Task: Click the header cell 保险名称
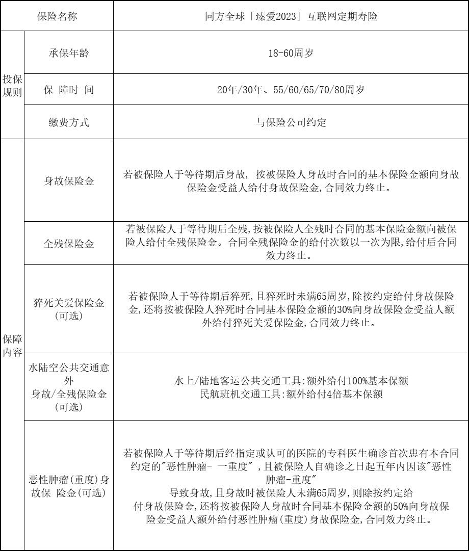(57, 16)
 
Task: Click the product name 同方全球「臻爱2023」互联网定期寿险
(291, 16)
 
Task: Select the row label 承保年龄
(68, 53)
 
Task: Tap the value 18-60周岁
(291, 53)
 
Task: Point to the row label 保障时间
(68, 90)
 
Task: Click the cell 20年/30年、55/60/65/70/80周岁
(291, 90)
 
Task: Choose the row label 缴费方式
(68, 122)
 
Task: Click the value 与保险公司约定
(291, 122)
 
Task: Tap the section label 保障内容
(12, 346)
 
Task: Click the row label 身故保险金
(68, 181)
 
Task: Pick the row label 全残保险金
(68, 243)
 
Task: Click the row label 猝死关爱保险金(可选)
(68, 309)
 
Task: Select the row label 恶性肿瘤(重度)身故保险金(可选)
(68, 486)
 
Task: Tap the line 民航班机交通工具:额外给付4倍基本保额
(291, 394)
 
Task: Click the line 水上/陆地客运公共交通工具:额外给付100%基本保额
(291, 381)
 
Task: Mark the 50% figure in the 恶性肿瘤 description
(379, 507)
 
